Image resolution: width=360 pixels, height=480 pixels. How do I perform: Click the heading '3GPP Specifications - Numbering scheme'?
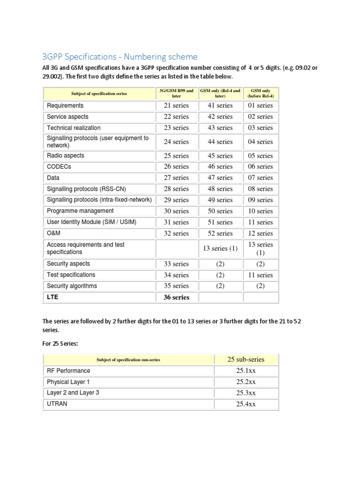point(120,57)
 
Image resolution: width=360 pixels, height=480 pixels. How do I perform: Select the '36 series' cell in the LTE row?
point(176,297)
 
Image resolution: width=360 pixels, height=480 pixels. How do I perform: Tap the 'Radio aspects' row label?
point(66,156)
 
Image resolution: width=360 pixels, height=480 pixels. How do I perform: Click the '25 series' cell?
point(176,156)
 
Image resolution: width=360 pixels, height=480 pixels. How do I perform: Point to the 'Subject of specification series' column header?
point(99,93)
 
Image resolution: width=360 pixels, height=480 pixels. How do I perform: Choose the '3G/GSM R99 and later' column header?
point(176,93)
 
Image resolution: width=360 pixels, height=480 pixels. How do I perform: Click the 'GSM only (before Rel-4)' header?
point(261,93)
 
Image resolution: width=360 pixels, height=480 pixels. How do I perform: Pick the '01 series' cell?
point(261,105)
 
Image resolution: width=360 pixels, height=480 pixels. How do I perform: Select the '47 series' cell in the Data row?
point(220,178)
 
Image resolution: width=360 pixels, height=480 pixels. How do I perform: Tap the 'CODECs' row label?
point(59,166)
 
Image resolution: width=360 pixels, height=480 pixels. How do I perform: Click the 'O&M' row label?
point(53,233)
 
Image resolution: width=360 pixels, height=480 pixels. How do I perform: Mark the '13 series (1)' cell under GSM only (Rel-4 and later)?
point(220,248)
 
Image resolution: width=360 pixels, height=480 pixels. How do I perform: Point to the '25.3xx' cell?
point(246,393)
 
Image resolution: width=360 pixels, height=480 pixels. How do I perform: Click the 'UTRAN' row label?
point(57,404)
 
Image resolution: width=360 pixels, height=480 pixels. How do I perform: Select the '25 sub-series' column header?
point(246,360)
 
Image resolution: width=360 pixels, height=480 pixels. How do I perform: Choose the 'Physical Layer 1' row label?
point(68,382)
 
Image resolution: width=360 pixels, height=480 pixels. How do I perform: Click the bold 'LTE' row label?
point(52,297)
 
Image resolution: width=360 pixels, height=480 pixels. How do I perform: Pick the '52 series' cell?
point(220,233)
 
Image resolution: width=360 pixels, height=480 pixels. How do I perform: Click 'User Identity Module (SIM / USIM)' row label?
point(92,222)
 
